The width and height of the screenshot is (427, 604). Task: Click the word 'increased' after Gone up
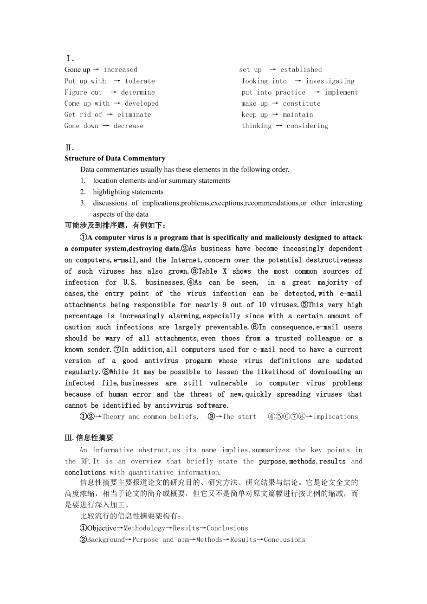tap(120, 70)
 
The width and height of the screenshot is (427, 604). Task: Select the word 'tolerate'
tap(140, 81)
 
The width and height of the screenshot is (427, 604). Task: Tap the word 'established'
tap(301, 70)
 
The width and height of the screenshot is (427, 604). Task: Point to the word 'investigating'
tap(330, 81)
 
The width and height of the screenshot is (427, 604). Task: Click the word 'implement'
tap(341, 92)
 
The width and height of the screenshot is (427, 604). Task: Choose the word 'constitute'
tap(302, 103)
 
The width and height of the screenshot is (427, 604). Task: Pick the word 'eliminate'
tap(134, 115)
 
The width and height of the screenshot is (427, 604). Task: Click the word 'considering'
tap(307, 126)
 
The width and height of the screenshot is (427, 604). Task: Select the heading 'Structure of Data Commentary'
tap(115, 158)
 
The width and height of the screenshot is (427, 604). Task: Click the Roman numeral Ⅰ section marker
tap(70, 58)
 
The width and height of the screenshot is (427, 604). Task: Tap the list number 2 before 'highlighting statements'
tap(83, 192)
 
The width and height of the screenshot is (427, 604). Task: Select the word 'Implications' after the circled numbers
tap(336, 417)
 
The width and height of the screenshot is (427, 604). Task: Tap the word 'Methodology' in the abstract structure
tap(144, 528)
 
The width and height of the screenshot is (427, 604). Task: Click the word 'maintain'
tap(298, 115)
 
